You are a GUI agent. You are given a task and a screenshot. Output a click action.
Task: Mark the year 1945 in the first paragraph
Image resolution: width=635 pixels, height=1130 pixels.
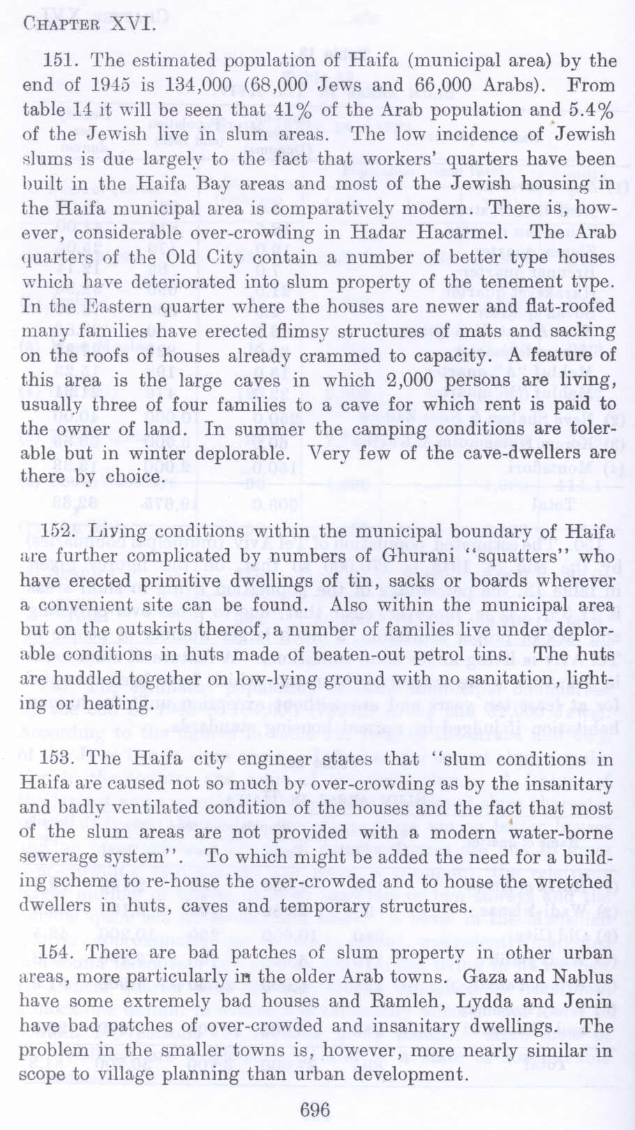tap(110, 86)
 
